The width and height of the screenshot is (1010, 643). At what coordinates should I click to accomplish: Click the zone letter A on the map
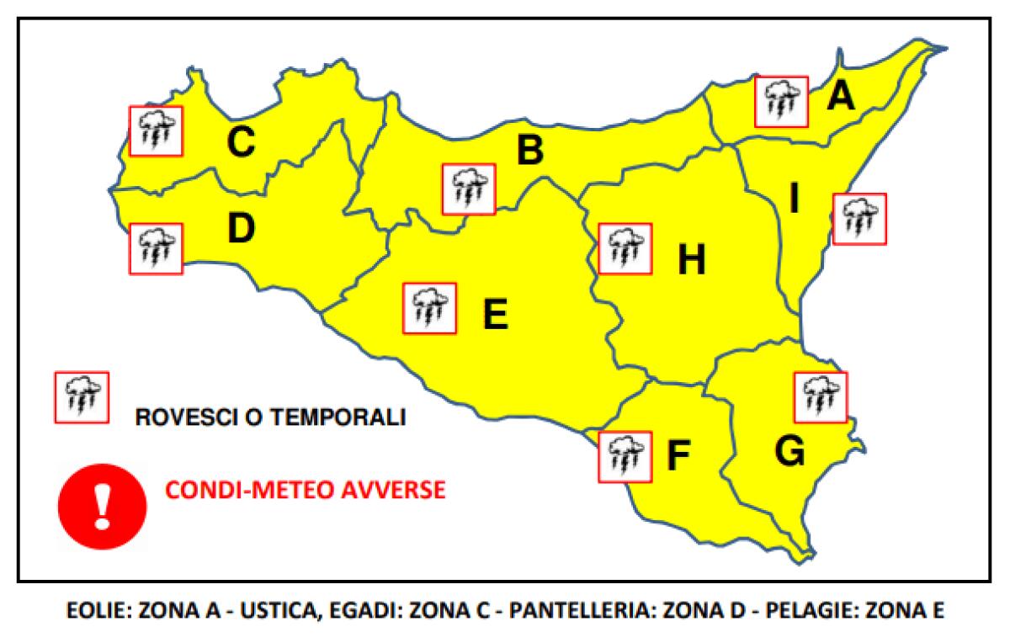click(840, 97)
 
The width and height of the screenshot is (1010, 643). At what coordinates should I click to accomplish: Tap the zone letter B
click(529, 151)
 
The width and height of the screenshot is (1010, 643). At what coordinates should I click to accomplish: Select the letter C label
click(240, 142)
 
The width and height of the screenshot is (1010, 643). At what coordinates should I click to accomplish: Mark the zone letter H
click(691, 261)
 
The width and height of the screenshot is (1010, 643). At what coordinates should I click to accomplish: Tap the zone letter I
click(795, 199)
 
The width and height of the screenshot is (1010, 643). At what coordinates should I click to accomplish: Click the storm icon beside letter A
click(781, 101)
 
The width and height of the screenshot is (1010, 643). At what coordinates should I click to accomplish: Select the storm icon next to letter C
click(155, 130)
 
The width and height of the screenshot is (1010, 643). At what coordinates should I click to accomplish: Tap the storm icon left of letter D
click(155, 248)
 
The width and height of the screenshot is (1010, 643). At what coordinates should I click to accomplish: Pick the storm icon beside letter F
click(624, 456)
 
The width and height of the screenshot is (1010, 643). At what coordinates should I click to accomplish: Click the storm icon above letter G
click(821, 396)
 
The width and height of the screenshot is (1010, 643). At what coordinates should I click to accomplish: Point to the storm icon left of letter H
click(624, 248)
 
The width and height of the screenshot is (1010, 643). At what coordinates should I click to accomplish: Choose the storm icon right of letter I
click(859, 219)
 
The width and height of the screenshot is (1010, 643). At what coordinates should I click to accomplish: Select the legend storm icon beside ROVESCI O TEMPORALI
click(81, 397)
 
